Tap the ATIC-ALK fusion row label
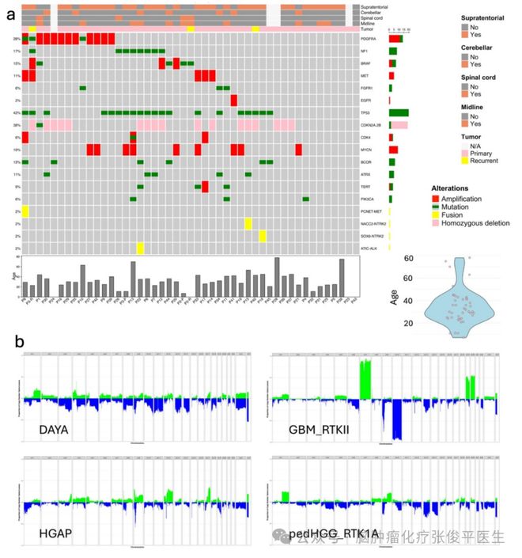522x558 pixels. (366, 249)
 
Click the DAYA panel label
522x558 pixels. (54, 430)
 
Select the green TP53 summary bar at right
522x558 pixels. (399, 112)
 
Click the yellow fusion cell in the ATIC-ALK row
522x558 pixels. (140, 249)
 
